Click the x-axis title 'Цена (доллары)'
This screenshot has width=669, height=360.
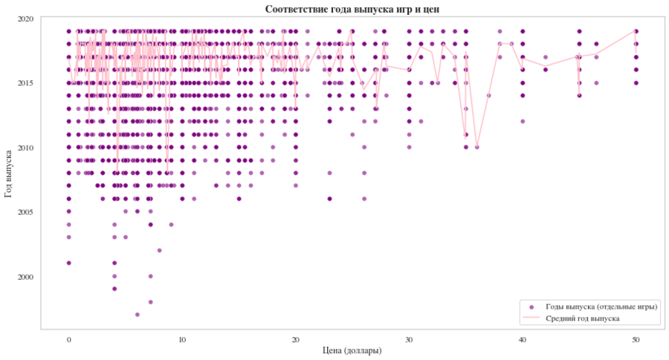[352, 350]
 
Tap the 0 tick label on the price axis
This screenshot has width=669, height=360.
[69, 339]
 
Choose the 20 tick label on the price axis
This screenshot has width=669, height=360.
[296, 339]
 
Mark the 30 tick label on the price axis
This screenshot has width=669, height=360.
[409, 339]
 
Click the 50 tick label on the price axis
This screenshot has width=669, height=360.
[636, 339]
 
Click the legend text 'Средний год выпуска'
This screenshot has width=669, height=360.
[583, 318]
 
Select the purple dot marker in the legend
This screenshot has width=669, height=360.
[530, 306]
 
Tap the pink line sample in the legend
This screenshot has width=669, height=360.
[530, 318]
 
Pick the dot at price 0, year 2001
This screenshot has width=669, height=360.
[69, 263]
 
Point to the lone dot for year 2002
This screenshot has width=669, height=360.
[160, 250]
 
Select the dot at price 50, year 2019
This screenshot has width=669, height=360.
[636, 31]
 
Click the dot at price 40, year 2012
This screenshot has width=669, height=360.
[523, 121]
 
